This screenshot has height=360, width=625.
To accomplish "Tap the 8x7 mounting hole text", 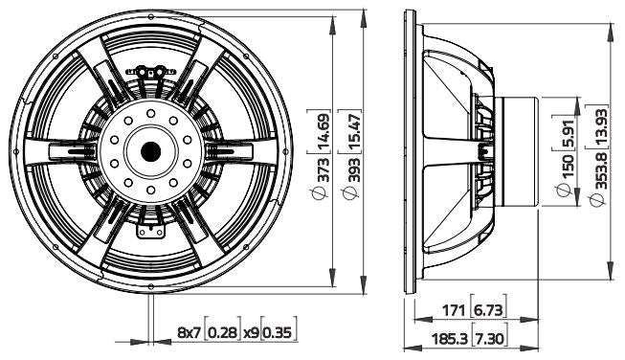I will click(190, 333).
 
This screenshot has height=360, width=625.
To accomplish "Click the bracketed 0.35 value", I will click(279, 333).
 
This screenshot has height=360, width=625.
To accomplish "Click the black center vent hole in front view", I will click(150, 151).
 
